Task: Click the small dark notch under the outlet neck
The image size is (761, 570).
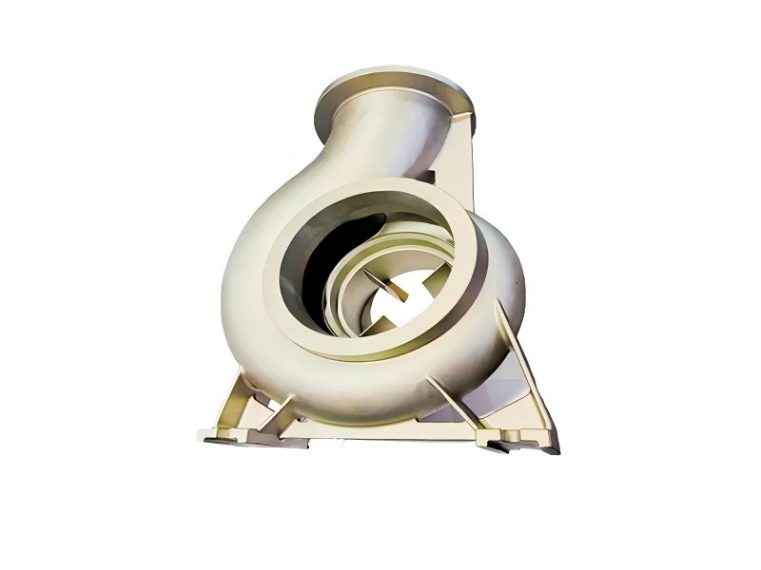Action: [x=427, y=177]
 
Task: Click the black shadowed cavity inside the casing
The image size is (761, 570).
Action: [x=319, y=266]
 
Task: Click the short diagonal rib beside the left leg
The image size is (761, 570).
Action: [x=282, y=414]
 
